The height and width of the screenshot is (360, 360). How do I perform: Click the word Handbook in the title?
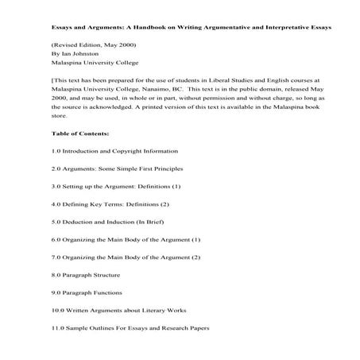pyautogui.click(x=149, y=26)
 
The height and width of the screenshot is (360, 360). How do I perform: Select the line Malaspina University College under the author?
pyautogui.click(x=95, y=67)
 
